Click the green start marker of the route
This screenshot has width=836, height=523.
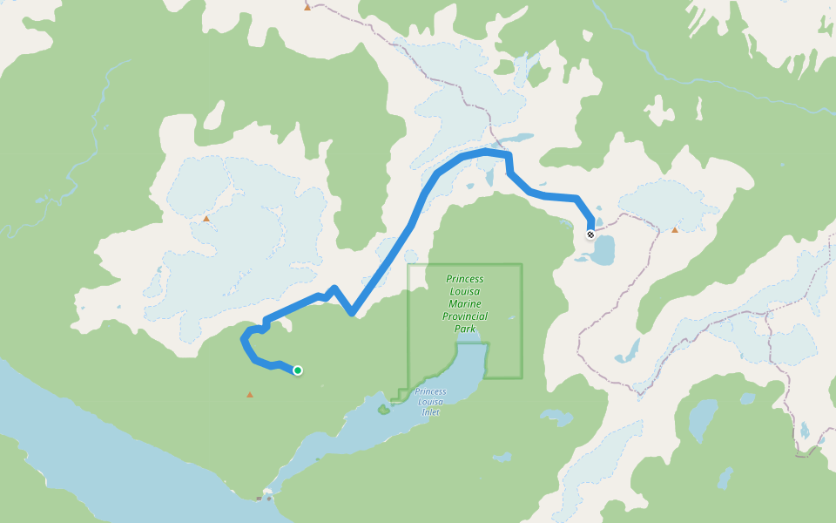point(298,370)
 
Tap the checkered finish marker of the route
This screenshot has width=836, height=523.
point(590,234)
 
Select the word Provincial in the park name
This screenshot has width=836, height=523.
point(465,316)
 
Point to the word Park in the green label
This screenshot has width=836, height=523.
point(465,329)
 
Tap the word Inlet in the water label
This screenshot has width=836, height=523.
point(430,411)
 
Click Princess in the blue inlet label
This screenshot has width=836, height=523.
point(430,391)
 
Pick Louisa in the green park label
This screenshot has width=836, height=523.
point(465,291)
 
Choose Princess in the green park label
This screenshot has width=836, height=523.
point(465,279)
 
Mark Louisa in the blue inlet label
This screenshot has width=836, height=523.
point(430,402)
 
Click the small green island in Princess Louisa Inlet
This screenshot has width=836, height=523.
point(382,408)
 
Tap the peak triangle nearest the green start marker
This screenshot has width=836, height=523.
point(250,395)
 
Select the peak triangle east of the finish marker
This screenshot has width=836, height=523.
point(675,230)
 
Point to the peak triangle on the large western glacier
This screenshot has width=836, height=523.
point(206,219)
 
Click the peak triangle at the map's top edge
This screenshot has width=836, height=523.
point(307,7)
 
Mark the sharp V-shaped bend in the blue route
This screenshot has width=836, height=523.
point(351,312)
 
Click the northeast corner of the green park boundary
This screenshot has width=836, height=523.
point(522,265)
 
